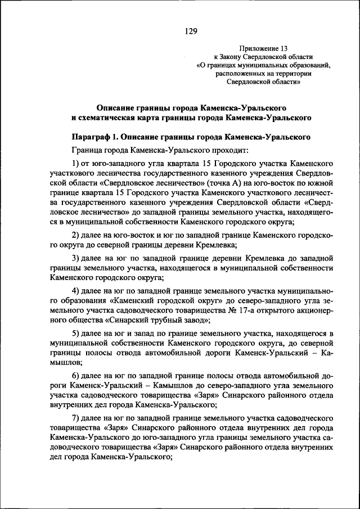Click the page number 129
click(x=190, y=31)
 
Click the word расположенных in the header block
click(x=242, y=73)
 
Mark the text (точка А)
click(x=223, y=183)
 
